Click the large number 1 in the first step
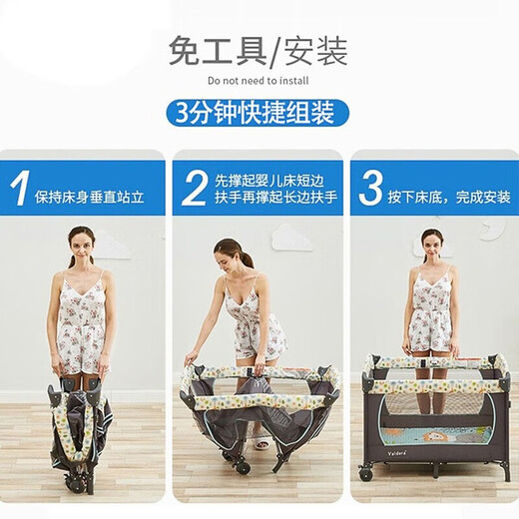19,188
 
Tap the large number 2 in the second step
195,188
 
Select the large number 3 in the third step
370,188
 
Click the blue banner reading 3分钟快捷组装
259,110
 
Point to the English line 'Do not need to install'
259,78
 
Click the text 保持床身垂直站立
96,197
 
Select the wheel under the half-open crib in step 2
241,466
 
